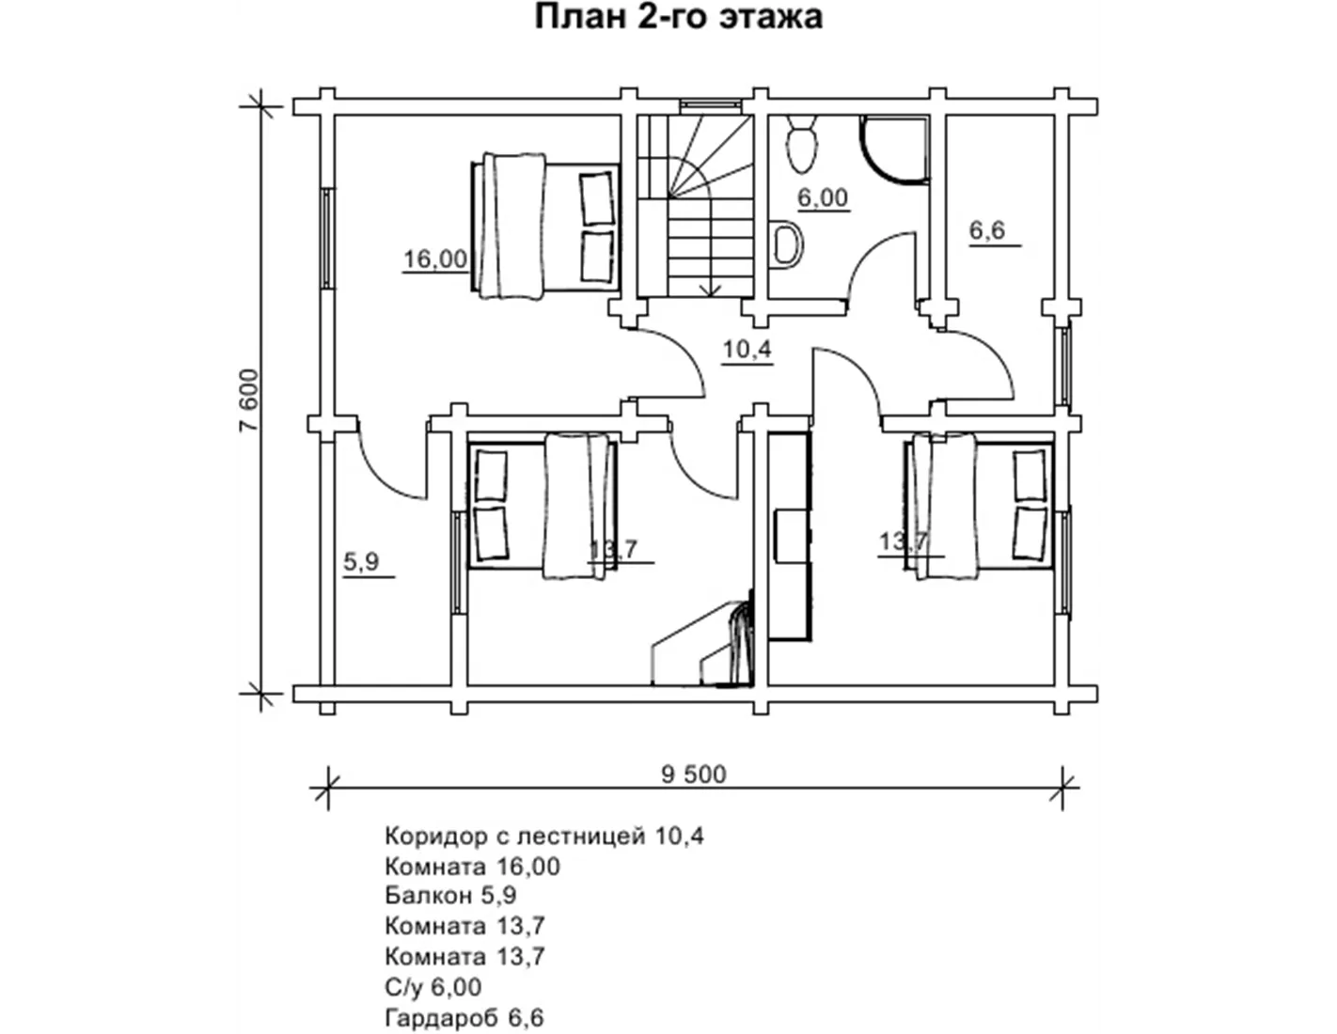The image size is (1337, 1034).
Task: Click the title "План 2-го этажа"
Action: pyautogui.click(x=677, y=17)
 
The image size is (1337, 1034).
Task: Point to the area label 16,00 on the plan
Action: pyautogui.click(x=435, y=258)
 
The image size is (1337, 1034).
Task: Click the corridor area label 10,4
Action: pyautogui.click(x=747, y=350)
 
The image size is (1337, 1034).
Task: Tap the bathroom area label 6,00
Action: pyautogui.click(x=823, y=197)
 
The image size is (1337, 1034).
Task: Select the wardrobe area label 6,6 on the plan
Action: pyautogui.click(x=987, y=230)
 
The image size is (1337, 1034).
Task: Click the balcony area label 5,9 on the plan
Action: pyautogui.click(x=361, y=561)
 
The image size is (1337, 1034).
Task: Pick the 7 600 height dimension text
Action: pyautogui.click(x=249, y=400)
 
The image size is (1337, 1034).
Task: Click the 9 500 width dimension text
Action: pyautogui.click(x=694, y=775)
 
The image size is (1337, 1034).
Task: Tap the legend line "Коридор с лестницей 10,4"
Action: pyautogui.click(x=543, y=837)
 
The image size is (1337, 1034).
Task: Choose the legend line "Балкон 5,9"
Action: pyautogui.click(x=450, y=896)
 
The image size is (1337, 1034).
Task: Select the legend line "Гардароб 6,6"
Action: pyautogui.click(x=464, y=1018)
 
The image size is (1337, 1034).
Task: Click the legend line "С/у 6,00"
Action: pyautogui.click(x=433, y=987)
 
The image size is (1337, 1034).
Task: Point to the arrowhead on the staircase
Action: pyautogui.click(x=712, y=290)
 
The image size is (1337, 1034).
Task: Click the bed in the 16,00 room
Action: pyautogui.click(x=544, y=227)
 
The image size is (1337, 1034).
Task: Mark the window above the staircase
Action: pyautogui.click(x=710, y=106)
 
